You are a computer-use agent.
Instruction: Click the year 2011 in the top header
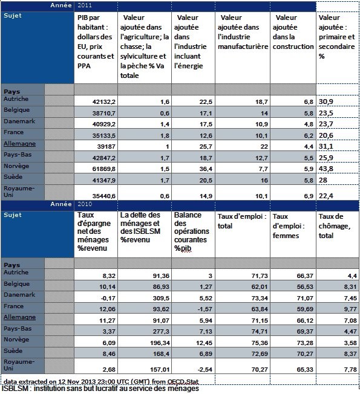coord(85,5)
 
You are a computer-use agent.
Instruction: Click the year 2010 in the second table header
coord(85,204)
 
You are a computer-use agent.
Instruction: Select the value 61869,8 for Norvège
coord(103,169)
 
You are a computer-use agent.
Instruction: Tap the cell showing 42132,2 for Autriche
coord(103,102)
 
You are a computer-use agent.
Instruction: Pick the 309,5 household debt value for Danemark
coord(161,299)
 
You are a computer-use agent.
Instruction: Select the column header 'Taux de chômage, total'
coord(335,226)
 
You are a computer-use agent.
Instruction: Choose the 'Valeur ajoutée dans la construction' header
coord(293,32)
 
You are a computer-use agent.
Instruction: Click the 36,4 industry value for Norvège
coord(206,169)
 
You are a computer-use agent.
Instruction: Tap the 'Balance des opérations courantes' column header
coord(192,231)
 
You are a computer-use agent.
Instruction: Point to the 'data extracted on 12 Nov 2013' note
coord(101,382)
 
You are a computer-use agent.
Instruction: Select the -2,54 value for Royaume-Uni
coord(205,369)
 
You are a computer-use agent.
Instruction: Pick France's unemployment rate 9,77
coord(350,309)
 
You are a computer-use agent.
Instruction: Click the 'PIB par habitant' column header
coord(96,42)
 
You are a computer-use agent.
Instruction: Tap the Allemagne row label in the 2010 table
coord(19,317)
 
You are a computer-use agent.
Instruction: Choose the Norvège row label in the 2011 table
coord(16,166)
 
